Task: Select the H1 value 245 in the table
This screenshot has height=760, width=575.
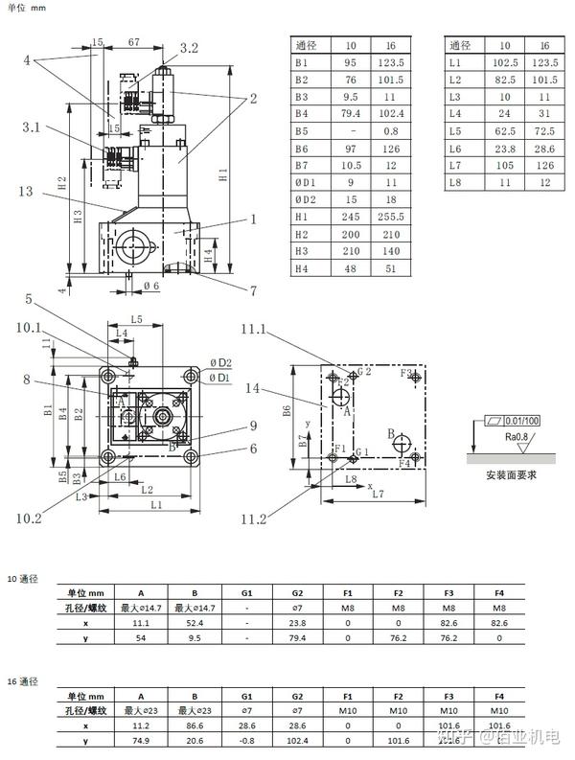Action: (351, 217)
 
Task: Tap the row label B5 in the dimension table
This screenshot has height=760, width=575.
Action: (304, 130)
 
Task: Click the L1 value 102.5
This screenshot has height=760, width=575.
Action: (504, 62)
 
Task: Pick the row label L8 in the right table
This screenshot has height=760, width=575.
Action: (456, 182)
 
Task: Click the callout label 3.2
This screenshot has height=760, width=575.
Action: (189, 47)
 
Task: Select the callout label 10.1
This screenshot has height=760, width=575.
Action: (29, 327)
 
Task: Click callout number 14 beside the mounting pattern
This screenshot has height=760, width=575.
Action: (253, 389)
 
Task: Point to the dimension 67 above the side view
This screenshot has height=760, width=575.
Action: (133, 42)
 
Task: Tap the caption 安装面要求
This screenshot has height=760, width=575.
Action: (510, 474)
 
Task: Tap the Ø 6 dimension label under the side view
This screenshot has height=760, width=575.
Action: (151, 286)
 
